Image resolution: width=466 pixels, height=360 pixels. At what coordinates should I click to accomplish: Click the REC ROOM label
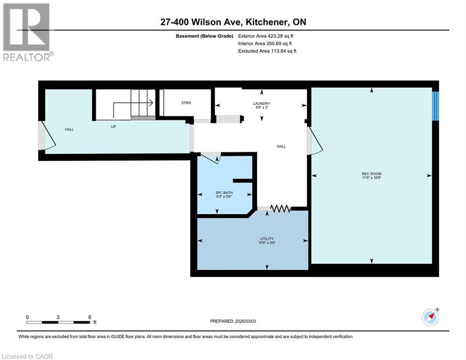(x=371, y=174)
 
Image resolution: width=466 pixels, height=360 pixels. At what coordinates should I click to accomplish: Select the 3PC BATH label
(x=224, y=193)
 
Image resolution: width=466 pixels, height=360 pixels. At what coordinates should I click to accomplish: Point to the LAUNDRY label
(x=261, y=104)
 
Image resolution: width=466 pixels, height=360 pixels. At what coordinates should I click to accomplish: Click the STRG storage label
(x=186, y=103)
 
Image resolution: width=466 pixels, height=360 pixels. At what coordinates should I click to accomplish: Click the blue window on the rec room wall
(x=435, y=105)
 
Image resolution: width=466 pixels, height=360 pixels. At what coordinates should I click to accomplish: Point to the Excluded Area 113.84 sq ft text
(x=267, y=51)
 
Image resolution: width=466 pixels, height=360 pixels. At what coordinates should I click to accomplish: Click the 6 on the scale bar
(x=89, y=317)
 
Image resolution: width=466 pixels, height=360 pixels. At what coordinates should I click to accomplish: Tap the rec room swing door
(x=314, y=142)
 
